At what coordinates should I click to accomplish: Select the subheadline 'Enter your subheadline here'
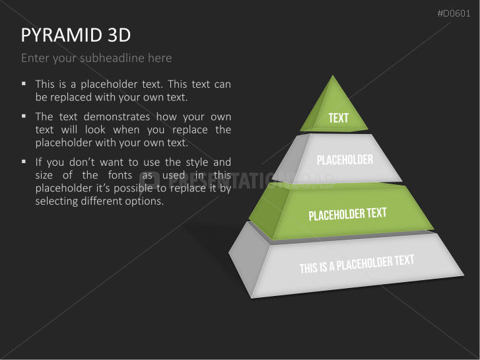pyautogui.click(x=96, y=58)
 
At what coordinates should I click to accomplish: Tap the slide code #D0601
pyautogui.click(x=455, y=14)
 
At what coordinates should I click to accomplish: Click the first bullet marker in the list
pyautogui.click(x=24, y=84)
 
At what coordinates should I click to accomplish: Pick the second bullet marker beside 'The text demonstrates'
pyautogui.click(x=24, y=116)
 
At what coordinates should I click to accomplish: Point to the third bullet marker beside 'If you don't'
pyautogui.click(x=24, y=161)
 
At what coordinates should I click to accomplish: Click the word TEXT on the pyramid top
pyautogui.click(x=338, y=118)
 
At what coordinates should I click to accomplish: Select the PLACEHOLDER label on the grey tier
pyautogui.click(x=345, y=160)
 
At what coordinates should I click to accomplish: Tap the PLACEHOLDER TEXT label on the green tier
pyautogui.click(x=347, y=215)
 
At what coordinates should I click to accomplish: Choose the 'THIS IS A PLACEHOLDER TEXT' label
pyautogui.click(x=357, y=264)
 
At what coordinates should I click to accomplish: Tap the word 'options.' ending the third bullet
pyautogui.click(x=145, y=201)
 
